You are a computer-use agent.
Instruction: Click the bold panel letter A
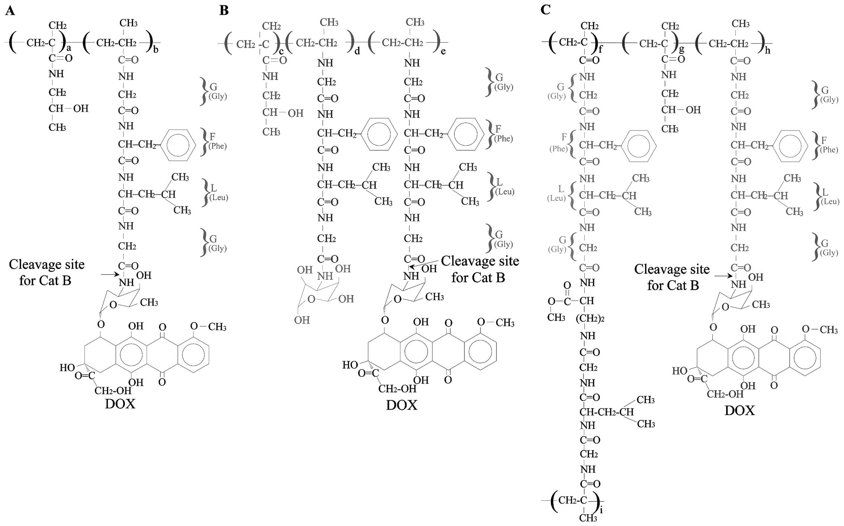click(x=10, y=11)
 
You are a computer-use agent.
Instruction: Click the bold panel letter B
click(x=224, y=10)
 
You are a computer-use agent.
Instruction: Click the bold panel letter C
click(x=545, y=10)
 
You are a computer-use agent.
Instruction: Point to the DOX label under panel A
click(x=120, y=404)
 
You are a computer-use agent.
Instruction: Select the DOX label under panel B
click(x=402, y=405)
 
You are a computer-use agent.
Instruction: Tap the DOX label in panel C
click(x=740, y=411)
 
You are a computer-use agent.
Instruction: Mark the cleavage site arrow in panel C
click(x=723, y=276)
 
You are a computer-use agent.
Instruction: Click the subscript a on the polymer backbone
click(x=68, y=48)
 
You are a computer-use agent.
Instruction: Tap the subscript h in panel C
click(x=768, y=50)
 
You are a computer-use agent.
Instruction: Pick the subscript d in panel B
click(x=357, y=51)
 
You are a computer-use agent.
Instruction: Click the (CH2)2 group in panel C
click(x=590, y=319)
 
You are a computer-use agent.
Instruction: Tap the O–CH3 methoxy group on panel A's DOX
click(x=208, y=327)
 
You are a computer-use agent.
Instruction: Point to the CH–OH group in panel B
click(x=283, y=113)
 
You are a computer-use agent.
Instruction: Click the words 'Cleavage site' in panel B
click(x=480, y=261)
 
